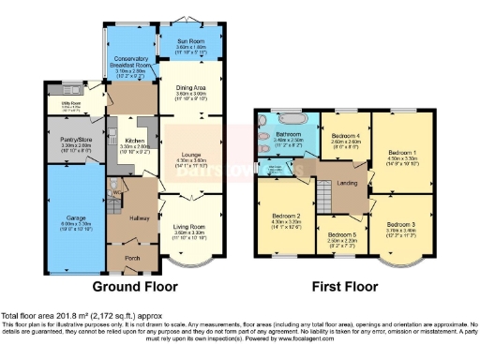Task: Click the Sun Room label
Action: tap(190, 42)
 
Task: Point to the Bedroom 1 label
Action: tap(402, 152)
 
